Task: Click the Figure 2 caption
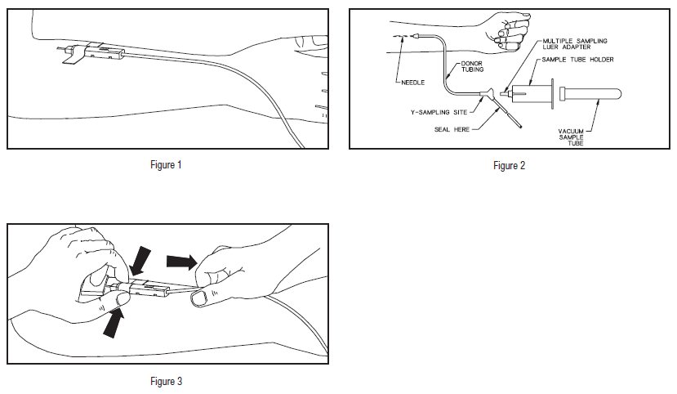pos(510,166)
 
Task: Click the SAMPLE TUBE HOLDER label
pos(583,60)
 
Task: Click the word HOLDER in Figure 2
pos(599,60)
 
